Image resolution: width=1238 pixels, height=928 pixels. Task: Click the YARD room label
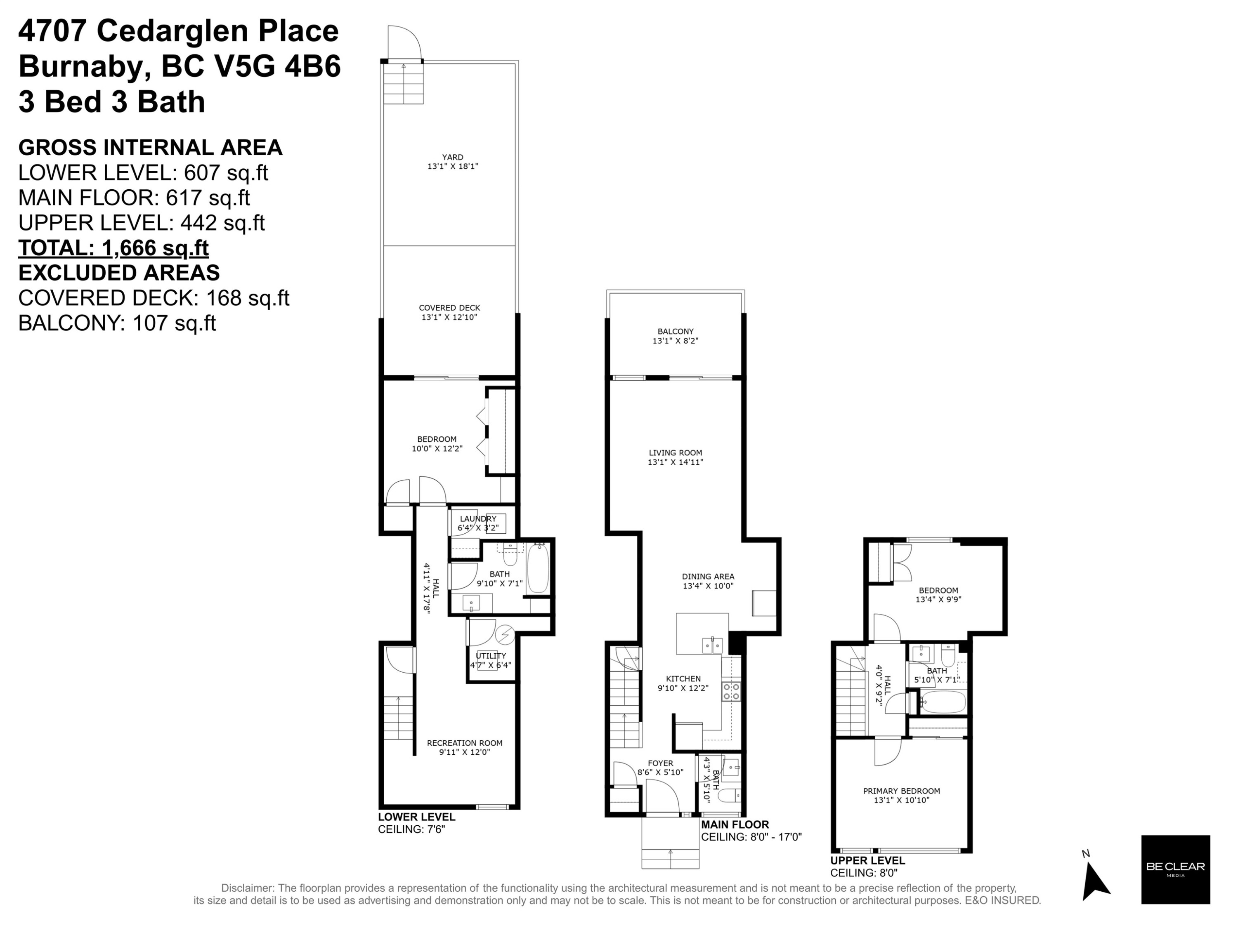pos(452,157)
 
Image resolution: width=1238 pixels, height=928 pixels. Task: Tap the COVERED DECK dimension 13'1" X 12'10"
pos(449,317)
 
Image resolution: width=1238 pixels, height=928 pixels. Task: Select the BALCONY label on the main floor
pos(675,331)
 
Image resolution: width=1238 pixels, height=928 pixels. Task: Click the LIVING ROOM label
pos(675,452)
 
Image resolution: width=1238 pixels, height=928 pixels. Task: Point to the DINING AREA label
pos(707,576)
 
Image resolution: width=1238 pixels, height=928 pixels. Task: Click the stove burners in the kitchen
pos(731,691)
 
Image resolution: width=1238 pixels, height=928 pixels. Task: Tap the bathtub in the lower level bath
pos(538,568)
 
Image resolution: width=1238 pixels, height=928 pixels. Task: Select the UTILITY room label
pos(490,656)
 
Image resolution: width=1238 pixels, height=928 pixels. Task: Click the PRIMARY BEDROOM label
pos(901,791)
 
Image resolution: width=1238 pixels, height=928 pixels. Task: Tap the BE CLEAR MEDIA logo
pos(1175,869)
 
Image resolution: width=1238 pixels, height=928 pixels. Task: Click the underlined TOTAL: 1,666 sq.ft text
pos(113,248)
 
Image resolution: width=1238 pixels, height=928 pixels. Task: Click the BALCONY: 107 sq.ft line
pos(117,323)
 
